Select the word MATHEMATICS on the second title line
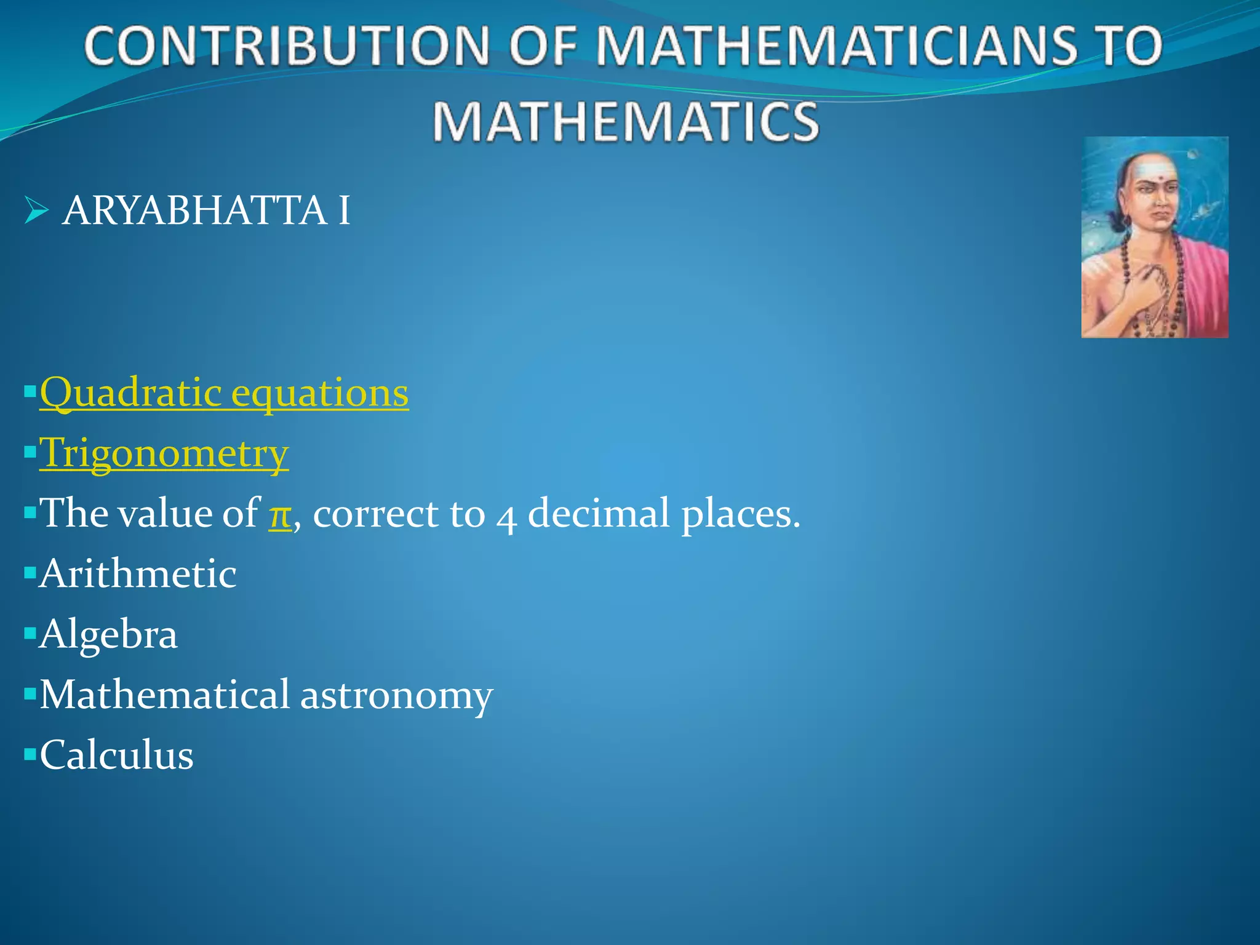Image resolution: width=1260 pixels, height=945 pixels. coord(626,121)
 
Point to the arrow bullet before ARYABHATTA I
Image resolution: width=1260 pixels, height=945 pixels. coord(36,211)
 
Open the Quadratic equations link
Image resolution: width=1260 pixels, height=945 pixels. coord(224,393)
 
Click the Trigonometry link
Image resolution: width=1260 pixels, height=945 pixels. coord(164,453)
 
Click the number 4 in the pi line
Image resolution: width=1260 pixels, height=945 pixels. coord(506,517)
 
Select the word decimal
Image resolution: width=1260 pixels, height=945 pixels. coord(599,513)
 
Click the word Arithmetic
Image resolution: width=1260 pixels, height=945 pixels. coord(138,573)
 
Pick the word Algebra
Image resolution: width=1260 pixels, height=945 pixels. coord(108,634)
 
